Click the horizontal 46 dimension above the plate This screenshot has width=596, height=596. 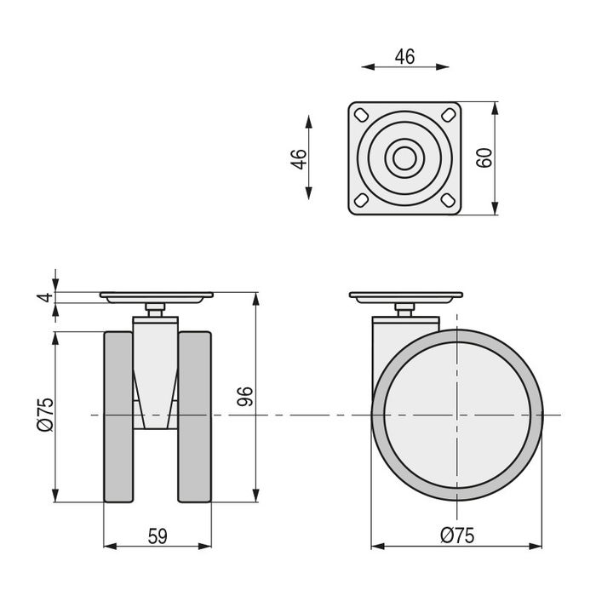tap(404, 57)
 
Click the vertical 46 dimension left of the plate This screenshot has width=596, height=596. tap(299, 159)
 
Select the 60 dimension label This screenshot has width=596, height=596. tap(484, 158)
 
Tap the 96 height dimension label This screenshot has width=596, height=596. tap(245, 397)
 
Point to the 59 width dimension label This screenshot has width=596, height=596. tap(158, 536)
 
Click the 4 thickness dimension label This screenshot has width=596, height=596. tap(45, 297)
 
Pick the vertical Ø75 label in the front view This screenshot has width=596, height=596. tap(45, 415)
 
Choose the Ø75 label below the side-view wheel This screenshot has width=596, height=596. tap(457, 536)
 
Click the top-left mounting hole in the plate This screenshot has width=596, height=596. tap(361, 115)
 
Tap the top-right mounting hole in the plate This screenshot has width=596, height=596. tap(449, 115)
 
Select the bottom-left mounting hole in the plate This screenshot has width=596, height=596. tap(361, 199)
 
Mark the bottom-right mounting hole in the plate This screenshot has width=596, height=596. tap(449, 199)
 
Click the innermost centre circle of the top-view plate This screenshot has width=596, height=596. tap(404, 158)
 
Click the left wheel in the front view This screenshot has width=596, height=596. tap(118, 417)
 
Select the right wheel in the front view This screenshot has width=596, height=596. tap(195, 417)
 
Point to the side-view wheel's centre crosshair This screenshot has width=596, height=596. tap(457, 415)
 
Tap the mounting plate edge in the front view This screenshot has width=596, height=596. tap(156, 295)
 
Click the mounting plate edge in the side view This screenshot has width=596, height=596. tap(406, 295)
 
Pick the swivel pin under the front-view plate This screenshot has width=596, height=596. tap(155, 310)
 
